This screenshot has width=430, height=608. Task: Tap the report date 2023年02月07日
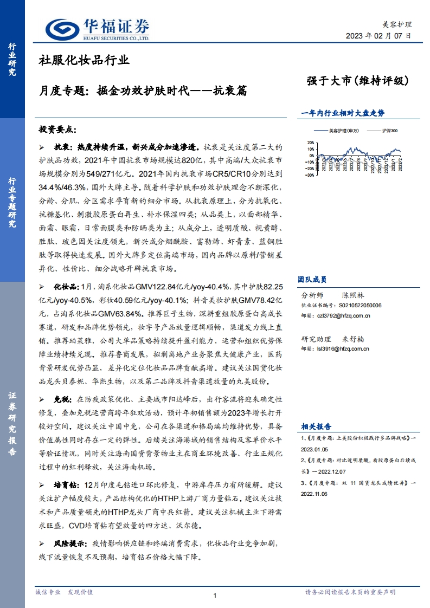(378, 36)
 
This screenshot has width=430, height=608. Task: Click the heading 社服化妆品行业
(84, 60)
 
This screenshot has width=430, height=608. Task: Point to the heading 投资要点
(58, 130)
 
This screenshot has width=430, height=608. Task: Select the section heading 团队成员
(312, 280)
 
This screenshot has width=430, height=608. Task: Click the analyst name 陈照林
(354, 296)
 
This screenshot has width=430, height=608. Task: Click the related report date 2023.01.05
(315, 448)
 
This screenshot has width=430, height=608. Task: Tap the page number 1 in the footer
(215, 596)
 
